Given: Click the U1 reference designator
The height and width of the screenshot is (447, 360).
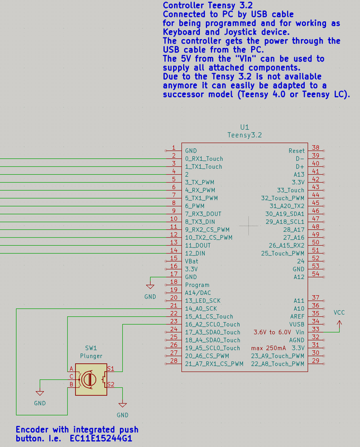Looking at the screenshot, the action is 244,127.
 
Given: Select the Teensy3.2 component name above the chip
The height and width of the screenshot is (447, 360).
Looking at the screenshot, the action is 244,135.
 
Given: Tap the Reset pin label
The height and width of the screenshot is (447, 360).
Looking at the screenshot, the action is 296,151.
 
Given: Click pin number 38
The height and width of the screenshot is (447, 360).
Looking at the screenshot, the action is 315,148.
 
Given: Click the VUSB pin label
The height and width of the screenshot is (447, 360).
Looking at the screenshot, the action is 297,325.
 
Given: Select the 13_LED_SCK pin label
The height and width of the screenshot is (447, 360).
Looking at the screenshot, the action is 203,301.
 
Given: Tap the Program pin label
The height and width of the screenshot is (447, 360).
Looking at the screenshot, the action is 197,285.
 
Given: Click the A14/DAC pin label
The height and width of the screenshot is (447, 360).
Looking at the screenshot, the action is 198,293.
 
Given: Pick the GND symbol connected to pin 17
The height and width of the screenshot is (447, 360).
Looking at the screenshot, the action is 150,286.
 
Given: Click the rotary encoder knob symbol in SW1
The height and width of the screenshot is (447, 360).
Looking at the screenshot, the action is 90,379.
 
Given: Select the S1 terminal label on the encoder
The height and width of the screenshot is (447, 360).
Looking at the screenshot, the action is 111,369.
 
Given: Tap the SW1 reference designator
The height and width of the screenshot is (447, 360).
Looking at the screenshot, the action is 91,348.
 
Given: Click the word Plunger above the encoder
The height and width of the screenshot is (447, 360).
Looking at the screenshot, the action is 91,356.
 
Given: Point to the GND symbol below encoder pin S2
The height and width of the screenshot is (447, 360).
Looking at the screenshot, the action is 122,405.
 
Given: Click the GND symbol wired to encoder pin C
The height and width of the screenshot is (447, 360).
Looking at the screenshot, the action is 40,393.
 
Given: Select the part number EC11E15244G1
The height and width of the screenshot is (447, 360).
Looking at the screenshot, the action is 101,438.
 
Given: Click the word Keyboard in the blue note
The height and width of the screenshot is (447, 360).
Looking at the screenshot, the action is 181,32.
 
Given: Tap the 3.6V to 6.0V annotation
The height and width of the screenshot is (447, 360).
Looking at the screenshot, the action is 272,332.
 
